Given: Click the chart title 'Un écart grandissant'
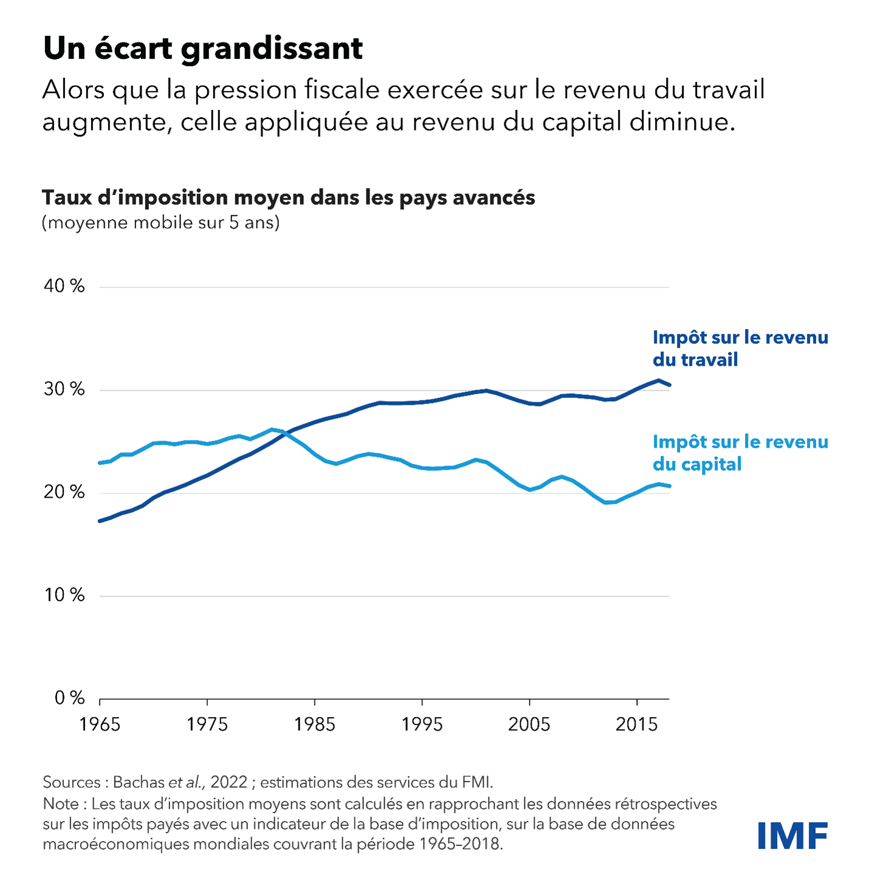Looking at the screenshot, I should pos(203,49).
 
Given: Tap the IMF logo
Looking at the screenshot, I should pos(792,836).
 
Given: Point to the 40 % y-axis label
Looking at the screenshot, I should pos(64,286).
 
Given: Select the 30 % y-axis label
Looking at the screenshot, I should pos(64,390).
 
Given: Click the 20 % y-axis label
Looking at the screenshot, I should pos(64,492).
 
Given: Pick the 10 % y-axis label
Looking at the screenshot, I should pos(64,595).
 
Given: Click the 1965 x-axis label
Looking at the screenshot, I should pos(100,724).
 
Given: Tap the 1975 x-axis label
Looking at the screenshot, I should pos(207,724).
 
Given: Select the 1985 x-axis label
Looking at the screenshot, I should pos(315,724).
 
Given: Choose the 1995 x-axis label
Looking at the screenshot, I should pos(422,724).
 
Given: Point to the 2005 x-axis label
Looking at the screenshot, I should pos(529,724).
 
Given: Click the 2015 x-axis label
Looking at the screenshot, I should pos(637,724).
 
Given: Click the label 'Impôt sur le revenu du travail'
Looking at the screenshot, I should pos(740,348).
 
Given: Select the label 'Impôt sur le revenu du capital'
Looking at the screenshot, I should pos(740,453).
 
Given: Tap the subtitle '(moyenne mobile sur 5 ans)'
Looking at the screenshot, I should pos(160,222).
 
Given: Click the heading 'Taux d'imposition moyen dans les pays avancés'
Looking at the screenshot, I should pos(288,197).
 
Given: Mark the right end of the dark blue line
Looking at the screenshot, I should pos(669,385).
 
